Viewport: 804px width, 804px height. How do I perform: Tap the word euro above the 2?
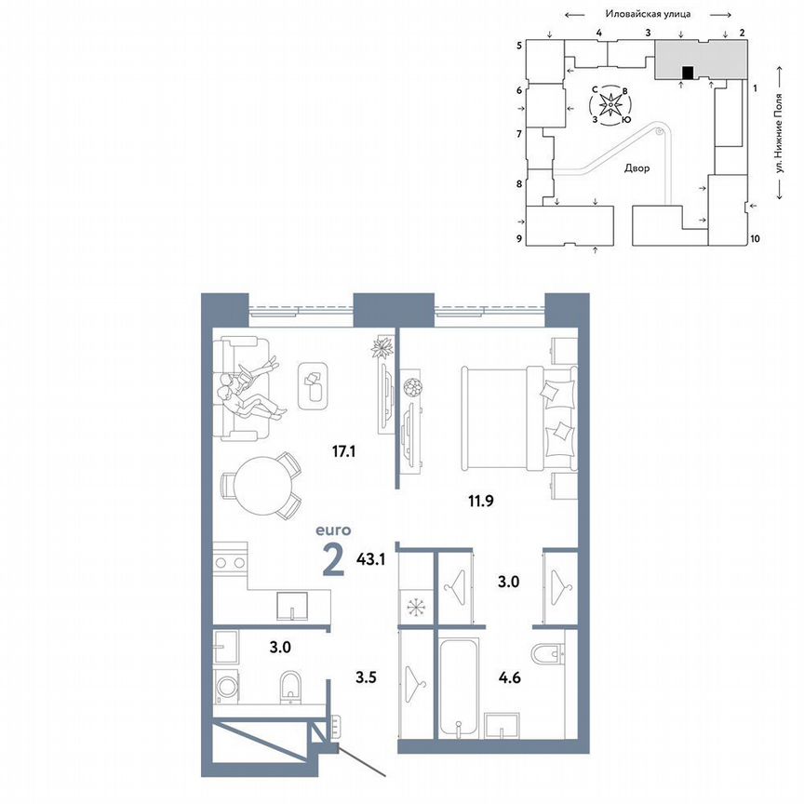[332, 529]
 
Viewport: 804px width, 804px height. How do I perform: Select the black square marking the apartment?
[687, 73]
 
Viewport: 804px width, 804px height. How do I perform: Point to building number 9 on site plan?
[519, 239]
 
